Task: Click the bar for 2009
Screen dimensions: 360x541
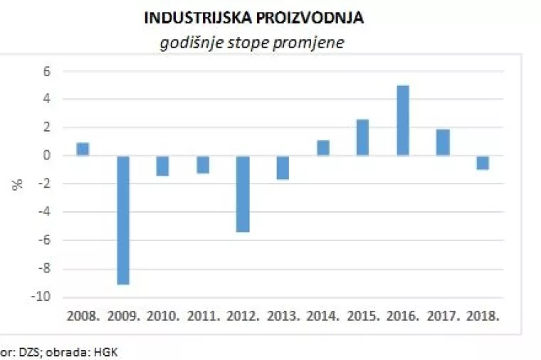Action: (122, 220)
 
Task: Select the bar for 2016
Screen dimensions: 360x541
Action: (403, 120)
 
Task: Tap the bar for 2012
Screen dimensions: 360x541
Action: (243, 194)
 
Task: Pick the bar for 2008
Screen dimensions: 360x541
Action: (83, 149)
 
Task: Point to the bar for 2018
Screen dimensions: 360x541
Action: (483, 162)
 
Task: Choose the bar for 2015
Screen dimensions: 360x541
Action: (363, 137)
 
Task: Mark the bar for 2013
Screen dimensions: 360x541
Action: (283, 167)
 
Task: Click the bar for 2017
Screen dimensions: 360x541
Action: (443, 142)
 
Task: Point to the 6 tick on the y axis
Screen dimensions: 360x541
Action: (48, 71)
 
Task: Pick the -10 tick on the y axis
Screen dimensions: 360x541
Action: (43, 297)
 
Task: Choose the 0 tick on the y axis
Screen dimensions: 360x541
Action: (48, 156)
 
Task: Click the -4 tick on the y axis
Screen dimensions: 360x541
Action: (45, 212)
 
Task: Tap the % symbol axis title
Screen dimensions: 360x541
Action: (18, 184)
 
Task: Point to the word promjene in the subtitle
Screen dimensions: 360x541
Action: (314, 42)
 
